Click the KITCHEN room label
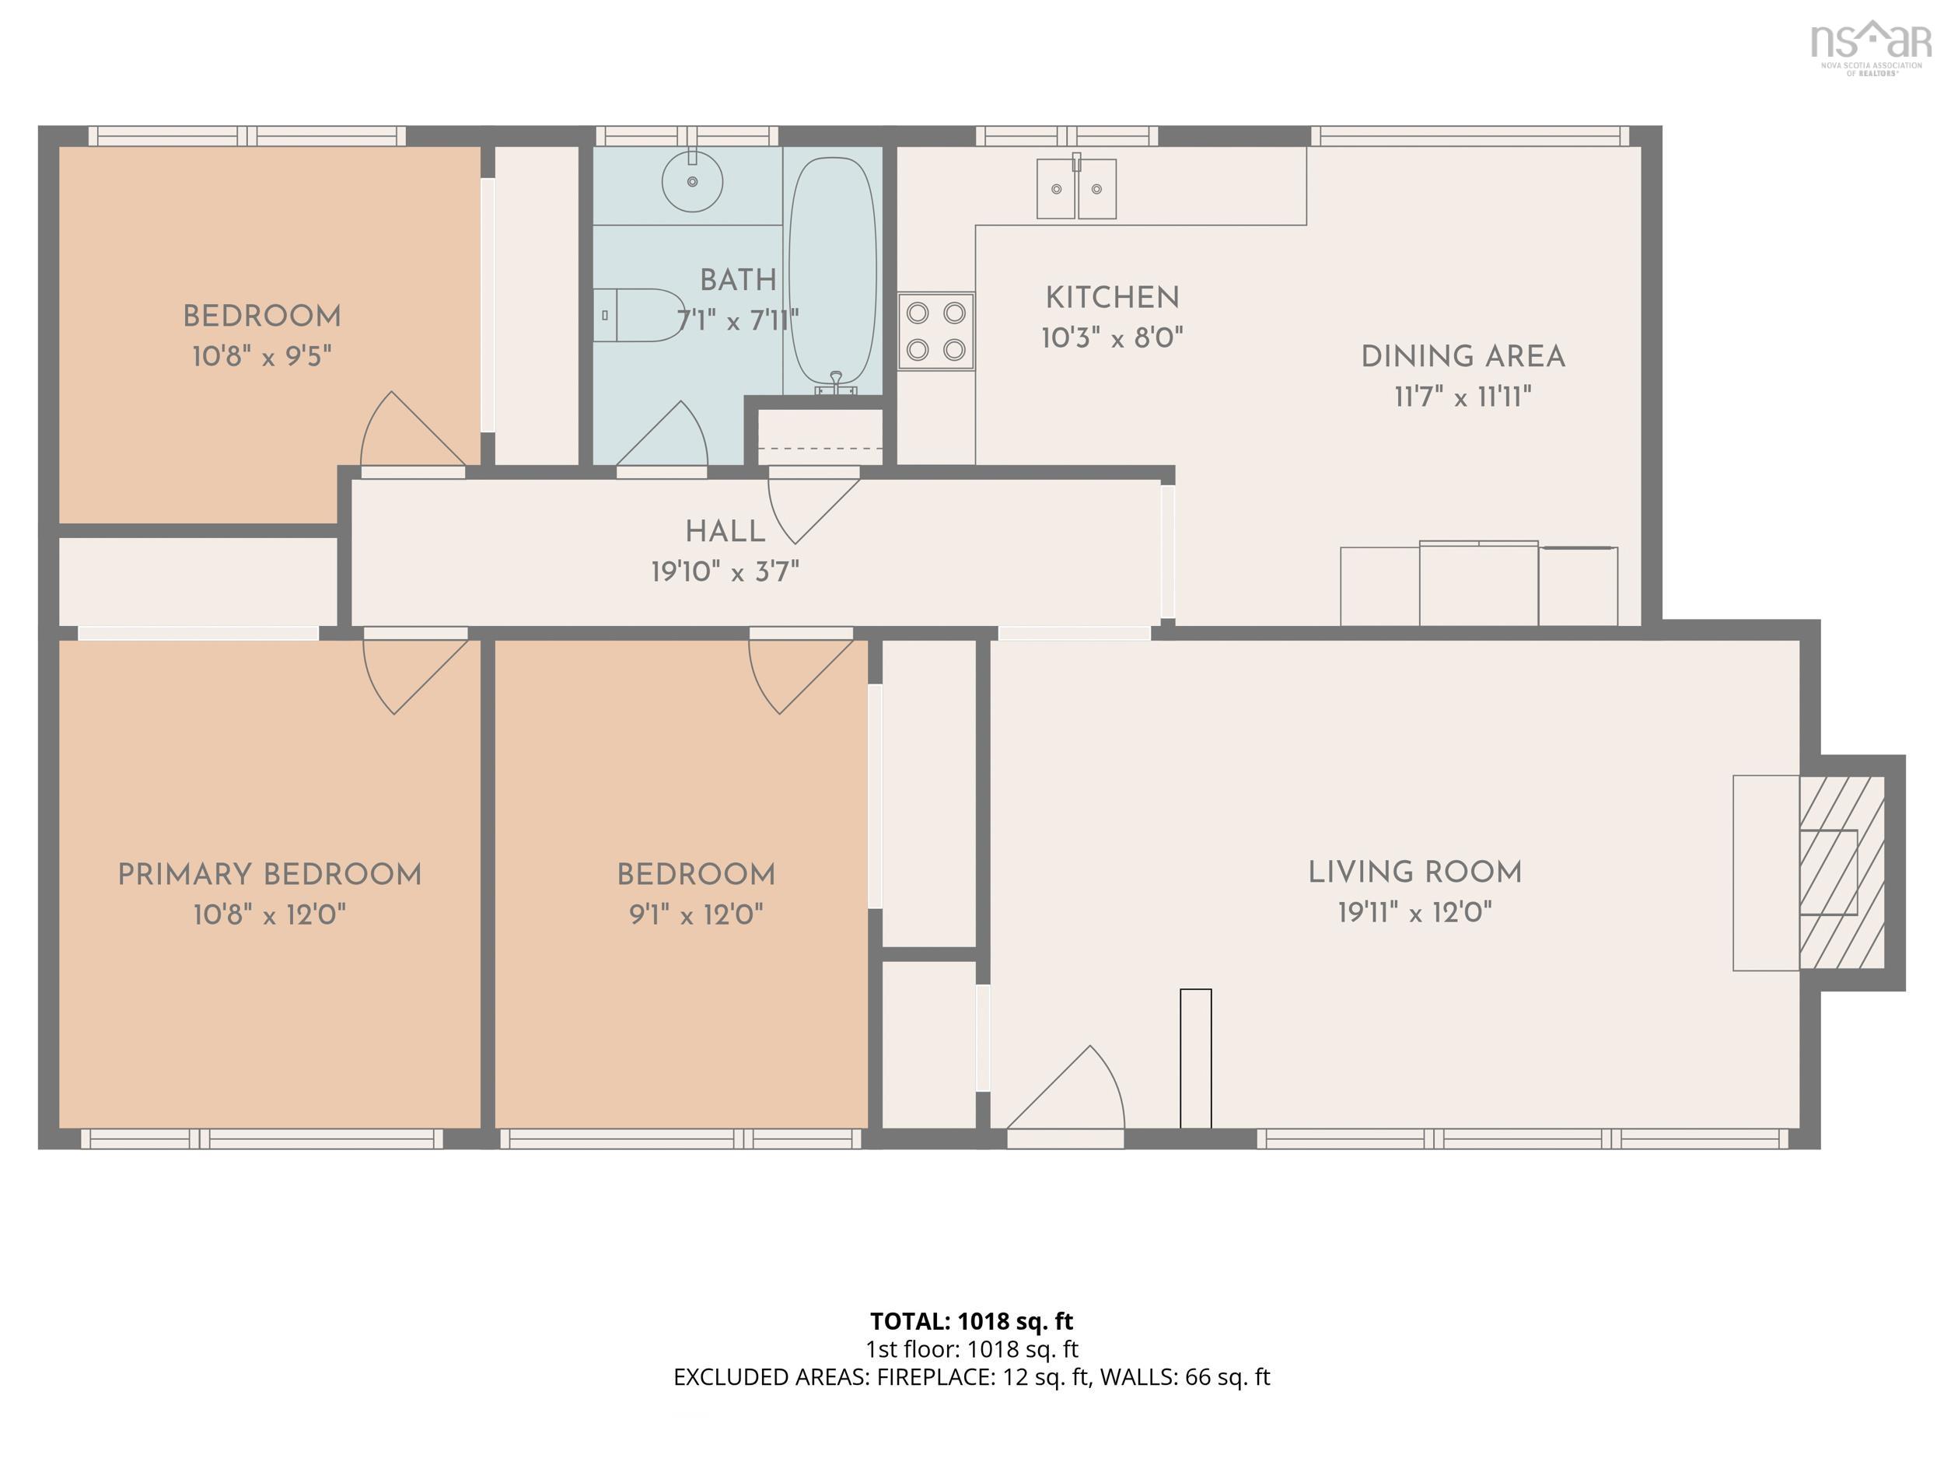(1112, 298)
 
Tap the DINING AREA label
(1463, 357)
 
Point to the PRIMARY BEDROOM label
(269, 875)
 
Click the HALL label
(725, 532)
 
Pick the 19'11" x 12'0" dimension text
(1415, 912)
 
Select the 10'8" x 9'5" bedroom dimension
(262, 356)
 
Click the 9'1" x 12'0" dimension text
(696, 915)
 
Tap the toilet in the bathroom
(639, 315)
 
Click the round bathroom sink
(693, 181)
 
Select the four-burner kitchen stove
(936, 331)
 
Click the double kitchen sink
(1076, 188)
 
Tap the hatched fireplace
(1842, 872)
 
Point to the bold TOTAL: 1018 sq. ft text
(971, 1321)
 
